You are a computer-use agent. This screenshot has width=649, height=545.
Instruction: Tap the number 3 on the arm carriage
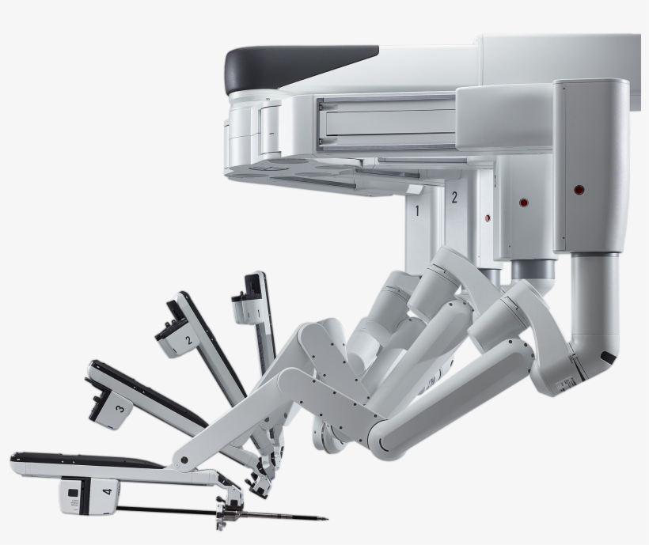[120, 409]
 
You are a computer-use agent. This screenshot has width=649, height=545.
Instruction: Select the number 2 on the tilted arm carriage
[188, 340]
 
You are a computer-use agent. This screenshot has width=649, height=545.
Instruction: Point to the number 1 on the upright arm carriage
[258, 314]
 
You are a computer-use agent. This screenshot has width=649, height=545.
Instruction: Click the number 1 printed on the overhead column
[417, 210]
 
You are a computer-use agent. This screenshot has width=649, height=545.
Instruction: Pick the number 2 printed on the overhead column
[454, 198]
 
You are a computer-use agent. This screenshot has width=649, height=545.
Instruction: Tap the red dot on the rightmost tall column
[579, 191]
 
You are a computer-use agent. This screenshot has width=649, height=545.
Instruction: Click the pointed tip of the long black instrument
[327, 519]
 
